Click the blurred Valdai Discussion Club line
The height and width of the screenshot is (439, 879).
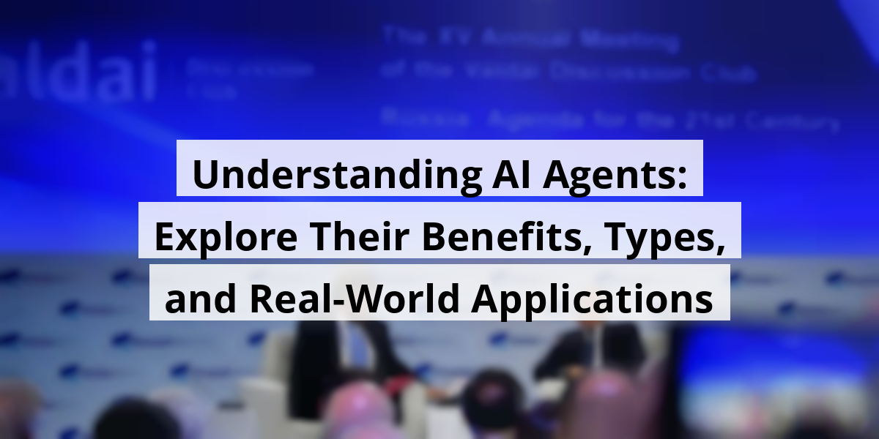point(568,72)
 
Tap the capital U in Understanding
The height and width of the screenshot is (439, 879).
point(206,176)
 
